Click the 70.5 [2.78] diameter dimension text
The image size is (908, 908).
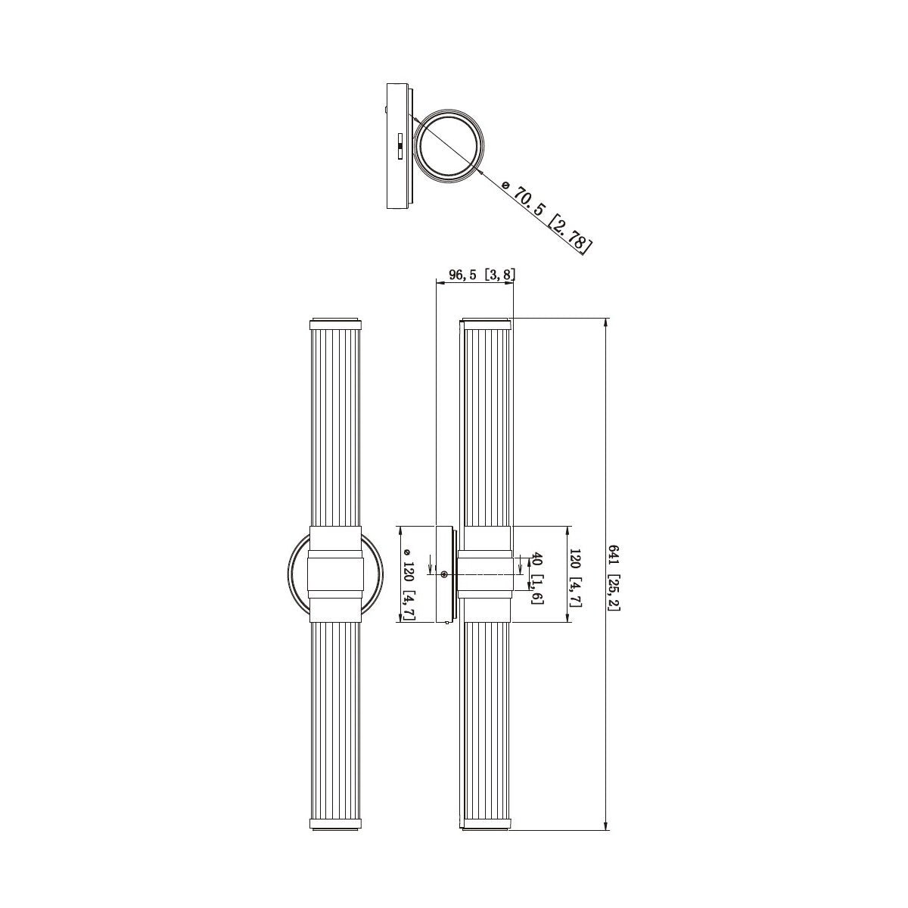(548, 217)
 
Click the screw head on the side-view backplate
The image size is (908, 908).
(444, 574)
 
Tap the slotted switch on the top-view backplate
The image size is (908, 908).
(400, 147)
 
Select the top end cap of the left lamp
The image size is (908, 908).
(335, 324)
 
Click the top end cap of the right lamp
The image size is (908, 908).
(484, 324)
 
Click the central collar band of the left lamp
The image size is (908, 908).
(335, 574)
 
